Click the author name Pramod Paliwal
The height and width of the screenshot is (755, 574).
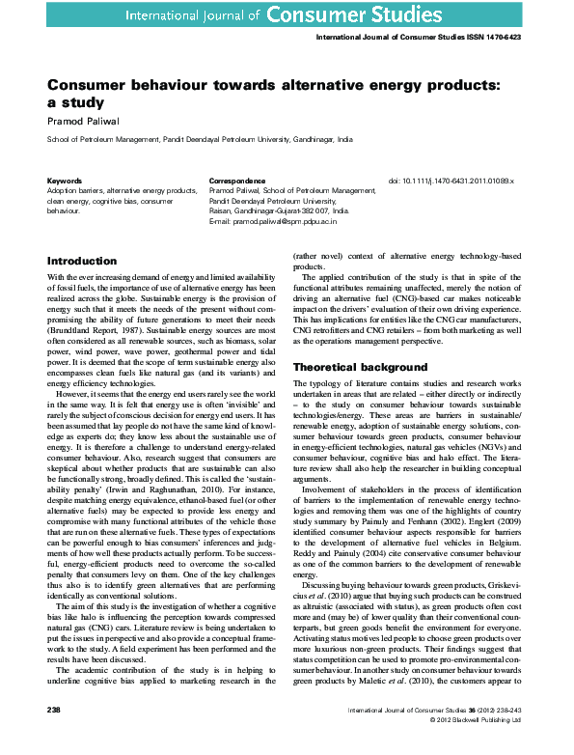click(82, 121)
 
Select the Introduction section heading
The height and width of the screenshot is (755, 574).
click(82, 261)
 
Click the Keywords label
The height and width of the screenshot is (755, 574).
click(65, 181)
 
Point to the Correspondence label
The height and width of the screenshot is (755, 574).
click(237, 181)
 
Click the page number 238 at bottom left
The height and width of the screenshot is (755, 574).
click(54, 736)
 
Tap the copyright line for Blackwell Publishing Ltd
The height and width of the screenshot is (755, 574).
click(473, 745)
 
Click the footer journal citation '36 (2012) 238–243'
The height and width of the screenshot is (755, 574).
click(488, 736)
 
